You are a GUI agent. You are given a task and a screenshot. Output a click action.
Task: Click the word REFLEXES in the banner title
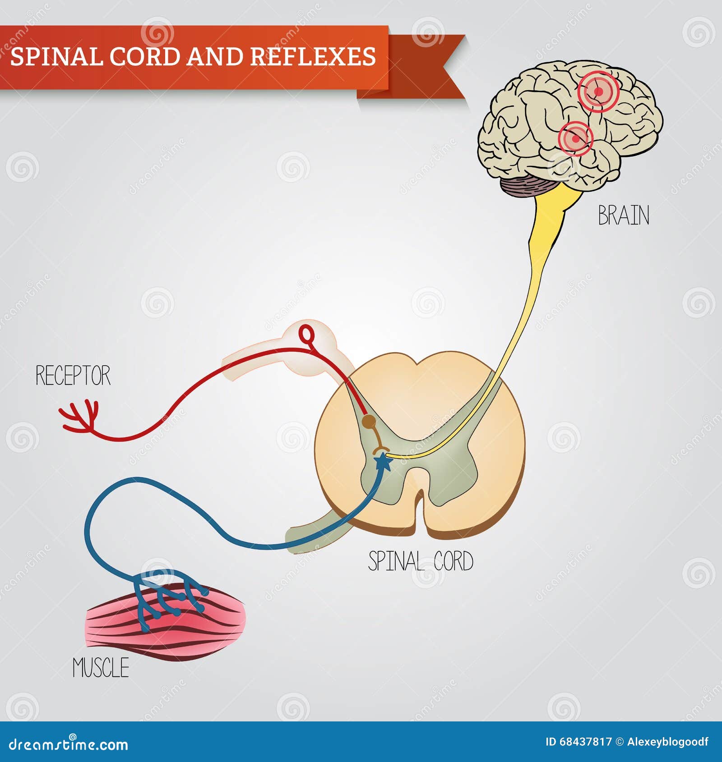point(312,57)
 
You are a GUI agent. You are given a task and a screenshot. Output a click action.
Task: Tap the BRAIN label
point(623,216)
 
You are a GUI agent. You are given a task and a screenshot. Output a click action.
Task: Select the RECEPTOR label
point(73,376)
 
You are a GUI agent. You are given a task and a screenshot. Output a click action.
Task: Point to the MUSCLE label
point(101,668)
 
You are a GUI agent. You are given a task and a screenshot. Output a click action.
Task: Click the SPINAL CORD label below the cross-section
point(421,561)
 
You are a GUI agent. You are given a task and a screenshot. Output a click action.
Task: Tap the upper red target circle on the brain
point(598,92)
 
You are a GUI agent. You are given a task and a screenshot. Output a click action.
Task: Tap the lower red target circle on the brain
point(575,138)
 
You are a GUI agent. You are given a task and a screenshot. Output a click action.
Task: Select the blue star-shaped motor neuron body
point(383,462)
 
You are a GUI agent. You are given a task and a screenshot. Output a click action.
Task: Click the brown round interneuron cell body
point(369,422)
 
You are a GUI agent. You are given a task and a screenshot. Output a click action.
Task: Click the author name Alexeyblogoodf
point(667,742)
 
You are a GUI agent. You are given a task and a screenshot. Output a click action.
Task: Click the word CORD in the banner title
point(145,57)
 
